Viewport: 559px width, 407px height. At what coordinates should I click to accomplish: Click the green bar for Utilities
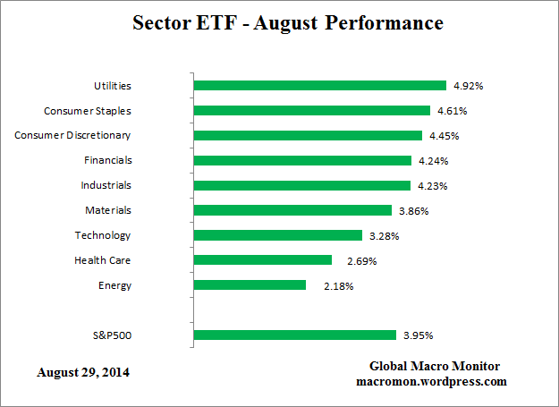pyautogui.click(x=319, y=86)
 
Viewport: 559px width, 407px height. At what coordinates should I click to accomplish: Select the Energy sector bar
pyautogui.click(x=250, y=285)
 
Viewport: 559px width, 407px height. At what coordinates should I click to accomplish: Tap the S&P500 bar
pyautogui.click(x=294, y=335)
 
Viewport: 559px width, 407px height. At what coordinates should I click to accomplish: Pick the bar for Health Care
pyautogui.click(x=262, y=260)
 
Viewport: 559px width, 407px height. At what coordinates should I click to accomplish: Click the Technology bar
pyautogui.click(x=277, y=235)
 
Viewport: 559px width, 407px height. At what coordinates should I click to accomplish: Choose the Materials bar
pyautogui.click(x=292, y=210)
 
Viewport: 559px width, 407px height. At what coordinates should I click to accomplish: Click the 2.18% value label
pyautogui.click(x=339, y=286)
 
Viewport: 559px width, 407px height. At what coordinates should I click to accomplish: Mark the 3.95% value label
pyautogui.click(x=418, y=335)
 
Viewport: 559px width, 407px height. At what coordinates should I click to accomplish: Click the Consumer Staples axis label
pyautogui.click(x=88, y=111)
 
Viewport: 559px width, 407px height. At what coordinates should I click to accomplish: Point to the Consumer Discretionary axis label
pyautogui.click(x=73, y=135)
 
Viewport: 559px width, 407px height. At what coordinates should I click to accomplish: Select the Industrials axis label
pyautogui.click(x=106, y=185)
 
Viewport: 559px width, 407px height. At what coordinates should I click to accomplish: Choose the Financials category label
pyautogui.click(x=107, y=160)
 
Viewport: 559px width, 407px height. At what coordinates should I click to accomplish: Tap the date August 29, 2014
pyautogui.click(x=82, y=371)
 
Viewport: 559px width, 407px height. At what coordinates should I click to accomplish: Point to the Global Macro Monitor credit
pyautogui.click(x=434, y=367)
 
